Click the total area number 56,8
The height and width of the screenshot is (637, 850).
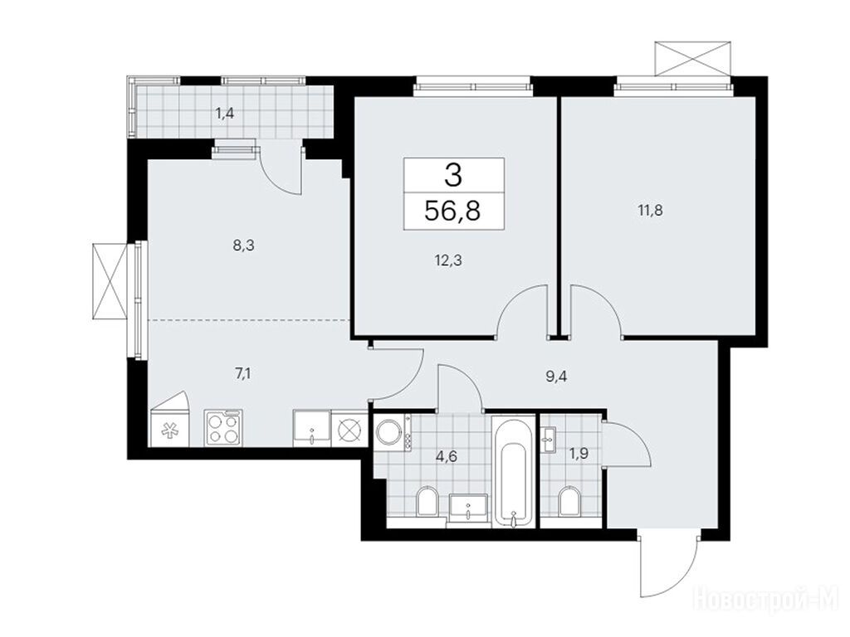tap(452, 211)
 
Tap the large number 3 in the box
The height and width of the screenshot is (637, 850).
tap(453, 175)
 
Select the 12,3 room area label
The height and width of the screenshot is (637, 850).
tap(447, 261)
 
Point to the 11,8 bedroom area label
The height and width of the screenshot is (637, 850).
tap(651, 210)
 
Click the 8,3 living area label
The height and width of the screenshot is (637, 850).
tap(243, 246)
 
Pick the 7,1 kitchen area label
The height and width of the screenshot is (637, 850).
tap(243, 374)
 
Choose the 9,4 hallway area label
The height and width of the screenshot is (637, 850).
tap(556, 377)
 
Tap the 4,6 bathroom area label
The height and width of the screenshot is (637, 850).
tap(447, 456)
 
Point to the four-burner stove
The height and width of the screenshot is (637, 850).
tap(224, 428)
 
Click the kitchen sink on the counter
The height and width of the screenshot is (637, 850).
tap(311, 428)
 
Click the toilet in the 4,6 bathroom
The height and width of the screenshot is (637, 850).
tap(427, 502)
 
